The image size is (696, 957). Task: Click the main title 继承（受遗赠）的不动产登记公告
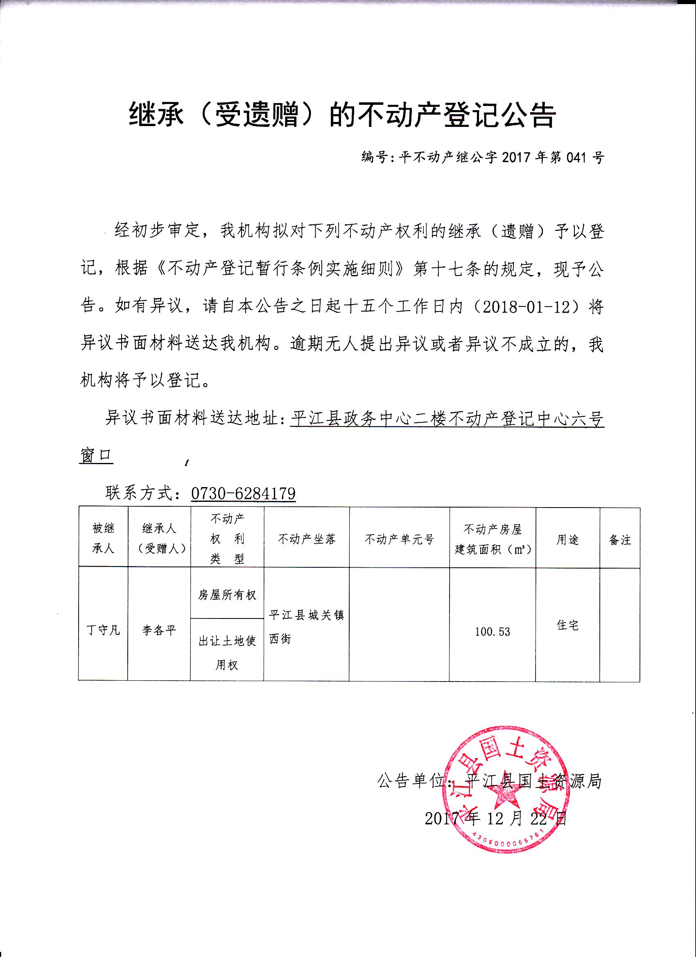tap(342, 115)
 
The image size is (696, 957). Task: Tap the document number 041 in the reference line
tap(574, 158)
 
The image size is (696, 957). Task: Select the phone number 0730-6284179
tap(243, 493)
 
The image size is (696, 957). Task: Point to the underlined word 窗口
tap(96, 456)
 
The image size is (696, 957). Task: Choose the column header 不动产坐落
tap(307, 539)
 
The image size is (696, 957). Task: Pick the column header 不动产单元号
tap(399, 539)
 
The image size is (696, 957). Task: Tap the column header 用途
tap(567, 539)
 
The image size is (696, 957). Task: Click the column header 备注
tap(619, 539)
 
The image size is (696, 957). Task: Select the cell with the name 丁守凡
tap(103, 630)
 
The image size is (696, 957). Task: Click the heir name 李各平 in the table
tap(159, 630)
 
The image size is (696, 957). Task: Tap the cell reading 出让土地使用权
tap(227, 653)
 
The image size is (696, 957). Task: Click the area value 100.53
tap(492, 632)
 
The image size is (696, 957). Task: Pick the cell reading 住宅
tap(567, 625)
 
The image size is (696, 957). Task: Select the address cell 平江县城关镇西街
tap(306, 627)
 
